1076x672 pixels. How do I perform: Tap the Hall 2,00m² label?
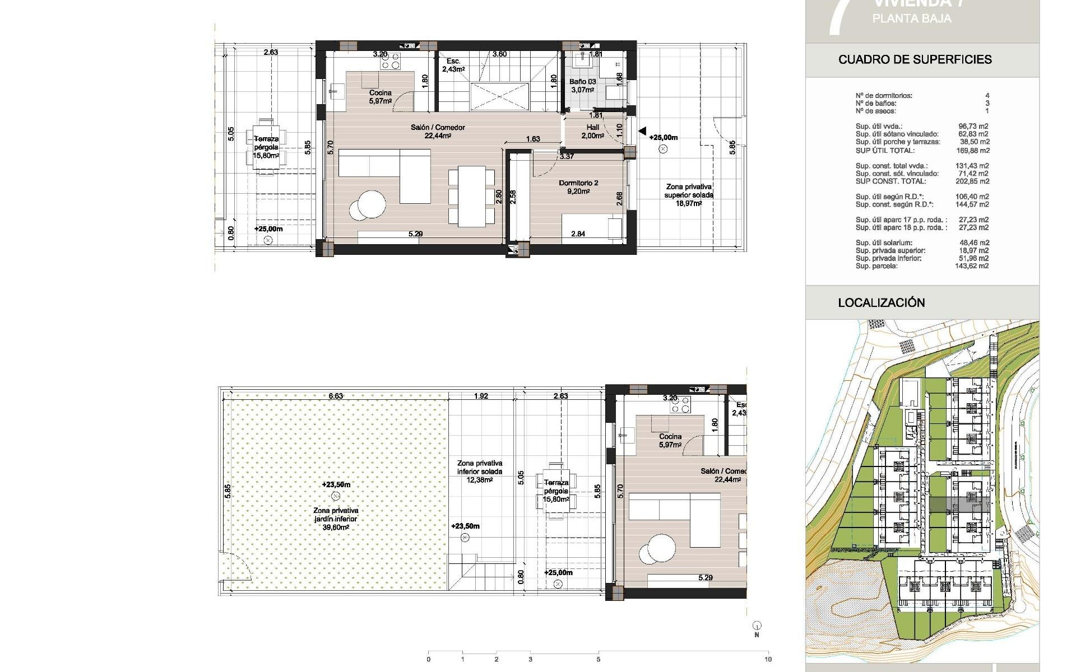pos(592,132)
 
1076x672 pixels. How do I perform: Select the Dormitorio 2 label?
pos(578,187)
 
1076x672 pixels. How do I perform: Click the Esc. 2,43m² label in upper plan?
pos(453,65)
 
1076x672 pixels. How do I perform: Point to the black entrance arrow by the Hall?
pos(642,130)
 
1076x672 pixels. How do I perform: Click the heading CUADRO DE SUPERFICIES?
pos(915,59)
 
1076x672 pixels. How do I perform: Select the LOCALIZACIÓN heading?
pos(881,302)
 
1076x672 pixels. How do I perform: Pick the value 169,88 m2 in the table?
pos(972,150)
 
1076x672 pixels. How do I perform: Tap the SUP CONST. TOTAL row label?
pos(883,181)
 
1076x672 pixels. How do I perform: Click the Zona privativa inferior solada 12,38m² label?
pos(479,472)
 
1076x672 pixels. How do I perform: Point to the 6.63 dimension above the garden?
pos(335,396)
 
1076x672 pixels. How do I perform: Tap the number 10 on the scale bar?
pos(767,659)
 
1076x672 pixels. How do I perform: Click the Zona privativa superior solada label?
pos(689,195)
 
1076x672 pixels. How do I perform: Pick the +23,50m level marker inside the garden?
pos(336,485)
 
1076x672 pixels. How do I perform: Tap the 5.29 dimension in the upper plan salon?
pos(415,234)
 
